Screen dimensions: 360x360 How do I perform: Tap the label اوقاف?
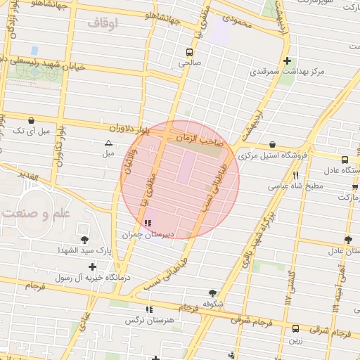click(104, 23)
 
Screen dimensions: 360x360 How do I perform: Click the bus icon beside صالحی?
click(188, 52)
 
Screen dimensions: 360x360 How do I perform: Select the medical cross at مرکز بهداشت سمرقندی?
click(286, 60)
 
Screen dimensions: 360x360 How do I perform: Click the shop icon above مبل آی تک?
click(32, 120)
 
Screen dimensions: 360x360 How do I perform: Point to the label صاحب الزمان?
click(200, 140)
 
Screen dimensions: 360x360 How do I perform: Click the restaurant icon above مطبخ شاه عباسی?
click(296, 175)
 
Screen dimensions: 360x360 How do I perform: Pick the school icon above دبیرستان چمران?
click(147, 224)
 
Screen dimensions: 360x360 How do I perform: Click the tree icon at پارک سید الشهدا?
click(85, 240)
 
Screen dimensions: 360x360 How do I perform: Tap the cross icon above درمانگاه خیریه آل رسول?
click(93, 266)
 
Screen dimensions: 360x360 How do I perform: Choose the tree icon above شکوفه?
click(212, 293)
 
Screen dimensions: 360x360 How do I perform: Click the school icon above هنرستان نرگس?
click(148, 309)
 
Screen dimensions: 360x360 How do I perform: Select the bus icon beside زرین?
click(295, 328)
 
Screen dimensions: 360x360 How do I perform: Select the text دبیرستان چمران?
click(148, 235)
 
